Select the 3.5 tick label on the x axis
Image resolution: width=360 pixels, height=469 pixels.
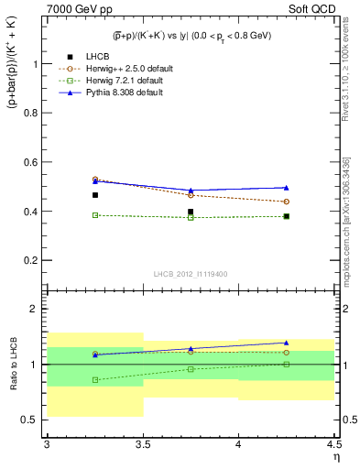click(142, 443)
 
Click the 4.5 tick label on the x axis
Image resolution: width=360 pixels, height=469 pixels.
click(333, 443)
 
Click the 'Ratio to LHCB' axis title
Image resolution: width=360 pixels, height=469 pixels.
click(14, 364)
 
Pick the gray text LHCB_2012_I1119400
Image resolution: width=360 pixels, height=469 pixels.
click(191, 273)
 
